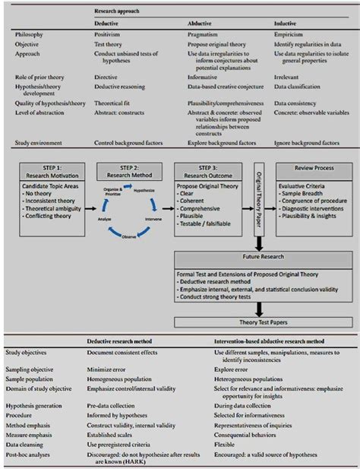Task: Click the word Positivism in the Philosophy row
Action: pos(109,33)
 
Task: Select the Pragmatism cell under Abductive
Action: pos(204,33)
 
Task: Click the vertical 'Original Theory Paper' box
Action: pos(258,201)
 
